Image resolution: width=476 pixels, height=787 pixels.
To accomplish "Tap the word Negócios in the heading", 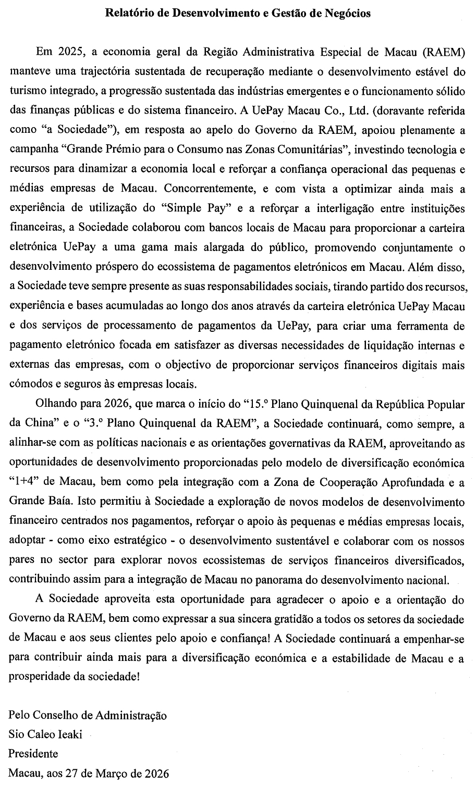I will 348,14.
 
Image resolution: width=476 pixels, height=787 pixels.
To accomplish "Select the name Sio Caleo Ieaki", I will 45,734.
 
